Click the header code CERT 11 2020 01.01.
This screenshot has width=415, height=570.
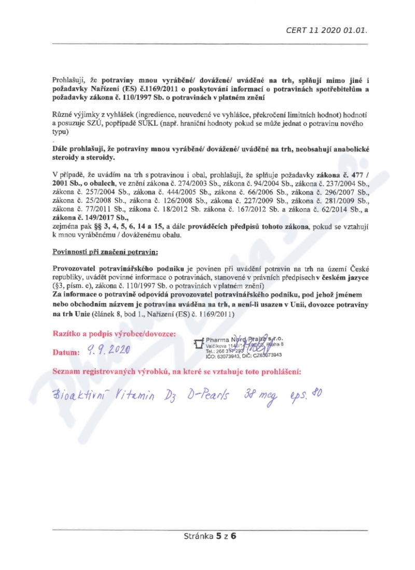[x=327, y=30]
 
